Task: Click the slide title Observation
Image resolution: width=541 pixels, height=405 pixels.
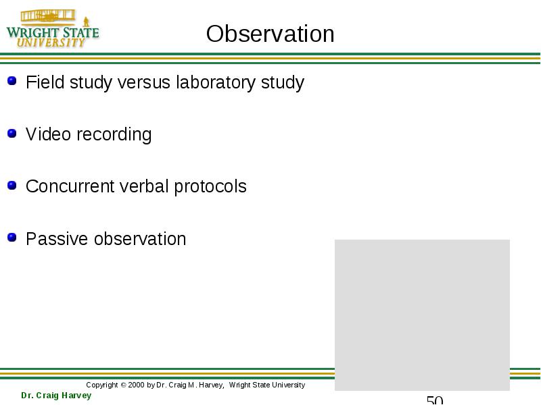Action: pos(270,34)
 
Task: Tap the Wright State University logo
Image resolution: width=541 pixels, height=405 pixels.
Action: pos(53,28)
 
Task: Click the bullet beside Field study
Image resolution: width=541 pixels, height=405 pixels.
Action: pos(11,80)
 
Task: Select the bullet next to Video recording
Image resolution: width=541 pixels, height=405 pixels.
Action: pos(11,133)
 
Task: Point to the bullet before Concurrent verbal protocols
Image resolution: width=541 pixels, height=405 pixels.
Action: pos(11,185)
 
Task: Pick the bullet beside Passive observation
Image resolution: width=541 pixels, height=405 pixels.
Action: pos(11,238)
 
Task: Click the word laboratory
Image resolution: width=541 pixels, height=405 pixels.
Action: pos(216,83)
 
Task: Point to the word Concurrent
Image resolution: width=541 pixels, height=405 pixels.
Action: pos(70,186)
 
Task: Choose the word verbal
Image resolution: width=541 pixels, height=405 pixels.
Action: pos(144,186)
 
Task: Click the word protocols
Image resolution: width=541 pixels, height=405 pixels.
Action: pos(210,187)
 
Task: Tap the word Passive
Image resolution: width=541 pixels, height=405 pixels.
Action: pos(57,239)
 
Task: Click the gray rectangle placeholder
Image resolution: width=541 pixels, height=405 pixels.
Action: pos(422,315)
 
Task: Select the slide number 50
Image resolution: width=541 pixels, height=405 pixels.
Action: pos(435,400)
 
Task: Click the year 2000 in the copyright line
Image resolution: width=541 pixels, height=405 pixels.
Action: pos(136,385)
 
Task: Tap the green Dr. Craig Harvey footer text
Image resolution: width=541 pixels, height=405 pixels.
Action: pos(56,396)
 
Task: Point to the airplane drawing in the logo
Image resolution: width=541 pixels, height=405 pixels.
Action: pos(48,16)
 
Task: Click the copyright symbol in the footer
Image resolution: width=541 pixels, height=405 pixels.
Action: pos(123,385)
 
